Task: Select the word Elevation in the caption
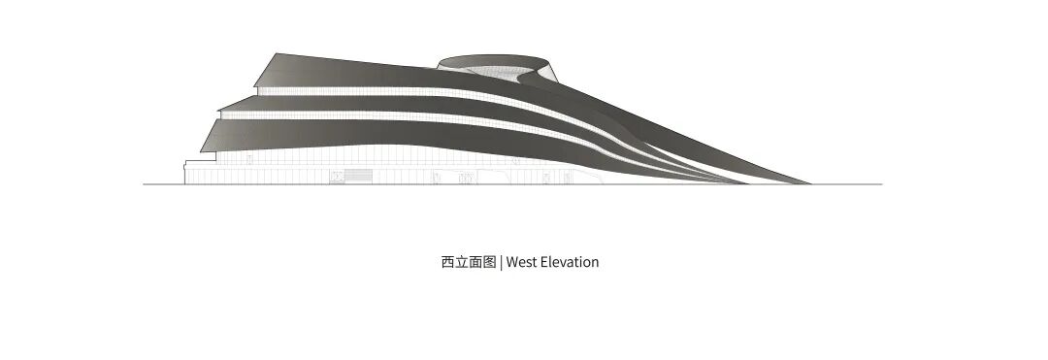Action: (570, 262)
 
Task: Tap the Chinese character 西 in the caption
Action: (447, 262)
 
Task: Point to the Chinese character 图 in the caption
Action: (490, 262)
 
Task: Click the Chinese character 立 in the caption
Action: (462, 262)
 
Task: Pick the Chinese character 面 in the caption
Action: (475, 262)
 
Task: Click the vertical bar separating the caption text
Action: (501, 262)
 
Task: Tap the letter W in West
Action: (512, 262)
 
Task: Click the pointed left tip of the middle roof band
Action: (219, 107)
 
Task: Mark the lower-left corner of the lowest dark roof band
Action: (202, 151)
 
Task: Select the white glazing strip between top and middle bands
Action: (388, 93)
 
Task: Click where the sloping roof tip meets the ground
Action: (810, 182)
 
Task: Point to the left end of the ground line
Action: (145, 183)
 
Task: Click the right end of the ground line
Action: (881, 183)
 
